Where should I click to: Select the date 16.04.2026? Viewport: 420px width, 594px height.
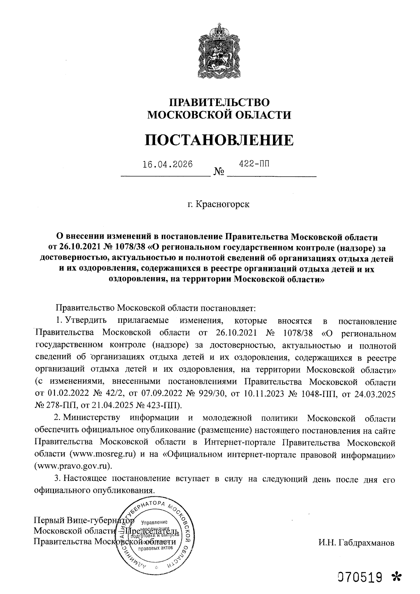(168, 164)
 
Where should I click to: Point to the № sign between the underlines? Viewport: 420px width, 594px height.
(219, 172)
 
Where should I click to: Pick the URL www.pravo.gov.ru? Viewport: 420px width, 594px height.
(73, 467)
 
